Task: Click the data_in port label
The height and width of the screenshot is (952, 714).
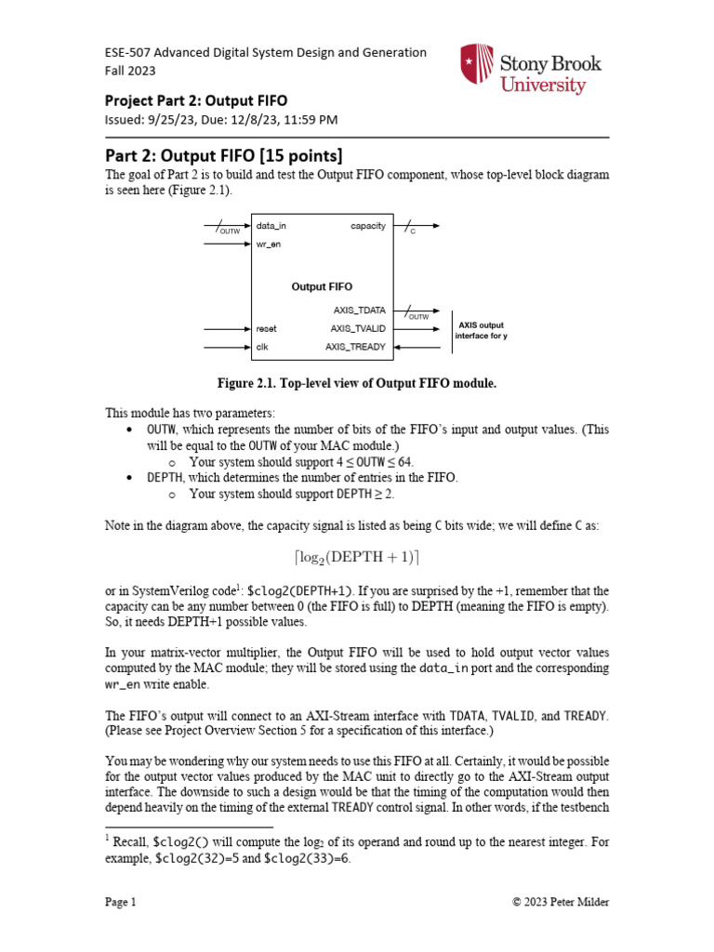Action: pyautogui.click(x=271, y=226)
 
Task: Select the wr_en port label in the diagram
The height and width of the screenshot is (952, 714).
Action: pyautogui.click(x=269, y=245)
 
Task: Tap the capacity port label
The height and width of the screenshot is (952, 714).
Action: pyautogui.click(x=368, y=226)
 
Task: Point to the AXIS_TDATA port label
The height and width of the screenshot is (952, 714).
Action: pyautogui.click(x=359, y=310)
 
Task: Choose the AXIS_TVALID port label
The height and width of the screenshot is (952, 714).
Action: pyautogui.click(x=358, y=328)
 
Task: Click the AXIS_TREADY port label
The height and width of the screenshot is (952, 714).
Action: pyautogui.click(x=355, y=347)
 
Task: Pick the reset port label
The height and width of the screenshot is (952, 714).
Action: pyautogui.click(x=267, y=328)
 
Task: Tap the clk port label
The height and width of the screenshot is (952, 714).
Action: pyautogui.click(x=262, y=347)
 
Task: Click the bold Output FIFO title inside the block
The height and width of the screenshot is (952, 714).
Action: pyautogui.click(x=322, y=286)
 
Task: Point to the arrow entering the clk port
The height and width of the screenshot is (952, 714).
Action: pyautogui.click(x=228, y=347)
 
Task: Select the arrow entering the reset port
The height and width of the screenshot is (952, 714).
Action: pyautogui.click(x=228, y=328)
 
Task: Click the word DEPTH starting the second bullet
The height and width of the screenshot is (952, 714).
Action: pyautogui.click(x=165, y=476)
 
